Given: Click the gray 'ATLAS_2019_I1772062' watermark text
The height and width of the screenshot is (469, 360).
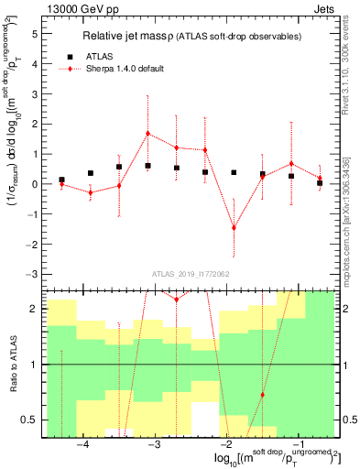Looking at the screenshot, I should pyautogui.click(x=190, y=273).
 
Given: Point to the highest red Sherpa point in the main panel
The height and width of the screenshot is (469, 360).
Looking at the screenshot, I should pyautogui.click(x=147, y=134).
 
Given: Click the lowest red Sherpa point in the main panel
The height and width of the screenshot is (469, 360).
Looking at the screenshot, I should pyautogui.click(x=234, y=227).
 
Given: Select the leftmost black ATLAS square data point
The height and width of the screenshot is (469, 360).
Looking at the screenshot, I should pyautogui.click(x=61, y=180).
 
